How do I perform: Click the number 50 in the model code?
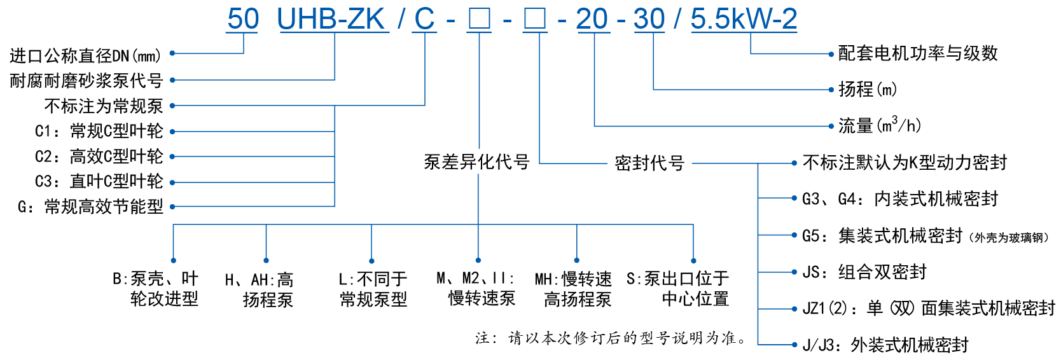pyautogui.click(x=243, y=19)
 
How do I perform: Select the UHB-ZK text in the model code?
pyautogui.click(x=332, y=19)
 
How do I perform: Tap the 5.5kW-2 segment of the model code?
pyautogui.click(x=744, y=19)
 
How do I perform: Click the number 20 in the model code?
pyautogui.click(x=592, y=19)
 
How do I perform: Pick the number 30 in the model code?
pyautogui.click(x=649, y=19)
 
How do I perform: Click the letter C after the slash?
pyautogui.click(x=424, y=19)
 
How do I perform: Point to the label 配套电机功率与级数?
pyautogui.click(x=917, y=53)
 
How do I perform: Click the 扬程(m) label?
pyautogui.click(x=868, y=89)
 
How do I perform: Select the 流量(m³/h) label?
pyautogui.click(x=879, y=125)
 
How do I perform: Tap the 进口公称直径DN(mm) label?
pyautogui.click(x=85, y=56)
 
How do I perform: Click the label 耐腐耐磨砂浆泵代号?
pyautogui.click(x=87, y=81)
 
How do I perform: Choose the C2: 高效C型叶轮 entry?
pyautogui.click(x=99, y=156)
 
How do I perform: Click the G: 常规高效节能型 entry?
pyautogui.click(x=91, y=207)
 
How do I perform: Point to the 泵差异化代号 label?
pyautogui.click(x=476, y=162)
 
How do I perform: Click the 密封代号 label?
pyautogui.click(x=649, y=163)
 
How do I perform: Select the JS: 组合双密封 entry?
pyautogui.click(x=864, y=272)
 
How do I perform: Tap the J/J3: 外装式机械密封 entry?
pyautogui.click(x=885, y=345)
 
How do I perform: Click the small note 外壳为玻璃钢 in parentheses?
pyautogui.click(x=1009, y=238)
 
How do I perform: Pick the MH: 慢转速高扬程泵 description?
pyautogui.click(x=574, y=289)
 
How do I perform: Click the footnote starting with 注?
pyautogui.click(x=611, y=338)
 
